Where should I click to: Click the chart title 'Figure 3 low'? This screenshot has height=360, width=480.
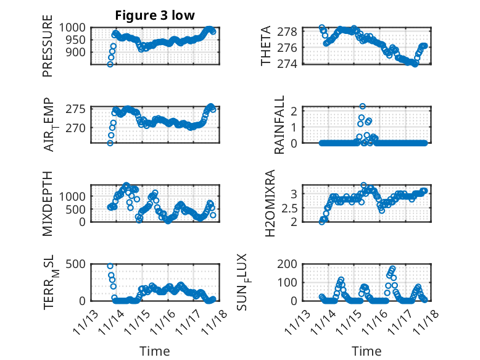(x=155, y=15)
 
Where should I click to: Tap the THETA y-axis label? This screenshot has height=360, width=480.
(x=266, y=46)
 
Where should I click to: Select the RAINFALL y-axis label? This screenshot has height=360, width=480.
(x=279, y=125)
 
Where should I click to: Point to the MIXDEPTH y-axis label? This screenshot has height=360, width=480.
(x=48, y=203)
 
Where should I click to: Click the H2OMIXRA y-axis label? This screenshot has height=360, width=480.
(x=270, y=203)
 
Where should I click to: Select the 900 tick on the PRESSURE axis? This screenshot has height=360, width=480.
(x=78, y=52)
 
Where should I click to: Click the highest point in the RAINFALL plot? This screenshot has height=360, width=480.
(x=363, y=106)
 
